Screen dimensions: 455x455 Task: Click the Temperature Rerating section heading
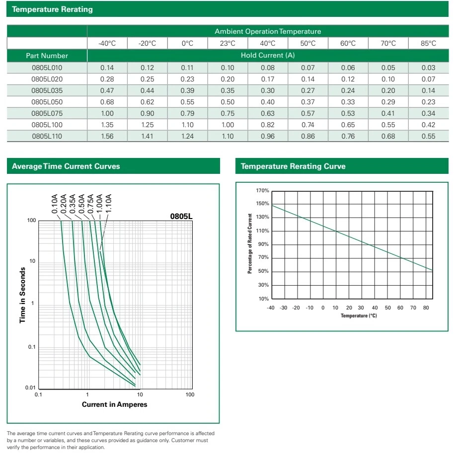click(x=52, y=9)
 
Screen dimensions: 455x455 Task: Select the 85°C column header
click(x=428, y=43)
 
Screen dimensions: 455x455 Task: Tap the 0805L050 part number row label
click(x=47, y=102)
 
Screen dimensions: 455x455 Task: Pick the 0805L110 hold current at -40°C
click(x=107, y=136)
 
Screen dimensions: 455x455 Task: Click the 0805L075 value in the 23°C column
click(x=227, y=113)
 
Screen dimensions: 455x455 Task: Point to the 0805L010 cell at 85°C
click(x=428, y=68)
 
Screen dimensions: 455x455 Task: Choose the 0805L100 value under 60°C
click(x=348, y=125)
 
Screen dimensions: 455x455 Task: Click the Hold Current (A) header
click(x=268, y=55)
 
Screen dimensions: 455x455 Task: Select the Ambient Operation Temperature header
click(x=268, y=31)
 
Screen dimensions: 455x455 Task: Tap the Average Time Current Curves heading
click(x=66, y=166)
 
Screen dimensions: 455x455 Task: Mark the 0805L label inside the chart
click(x=181, y=217)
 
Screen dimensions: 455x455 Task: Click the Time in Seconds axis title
click(x=22, y=296)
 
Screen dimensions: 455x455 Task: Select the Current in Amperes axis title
click(x=114, y=404)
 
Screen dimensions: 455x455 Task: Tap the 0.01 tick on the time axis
click(x=31, y=388)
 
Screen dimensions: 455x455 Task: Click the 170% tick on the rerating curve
click(x=263, y=191)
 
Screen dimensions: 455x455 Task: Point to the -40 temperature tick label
click(x=271, y=308)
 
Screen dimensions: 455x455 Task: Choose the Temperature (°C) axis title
click(x=359, y=316)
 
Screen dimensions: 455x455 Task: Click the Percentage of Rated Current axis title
click(x=250, y=244)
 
